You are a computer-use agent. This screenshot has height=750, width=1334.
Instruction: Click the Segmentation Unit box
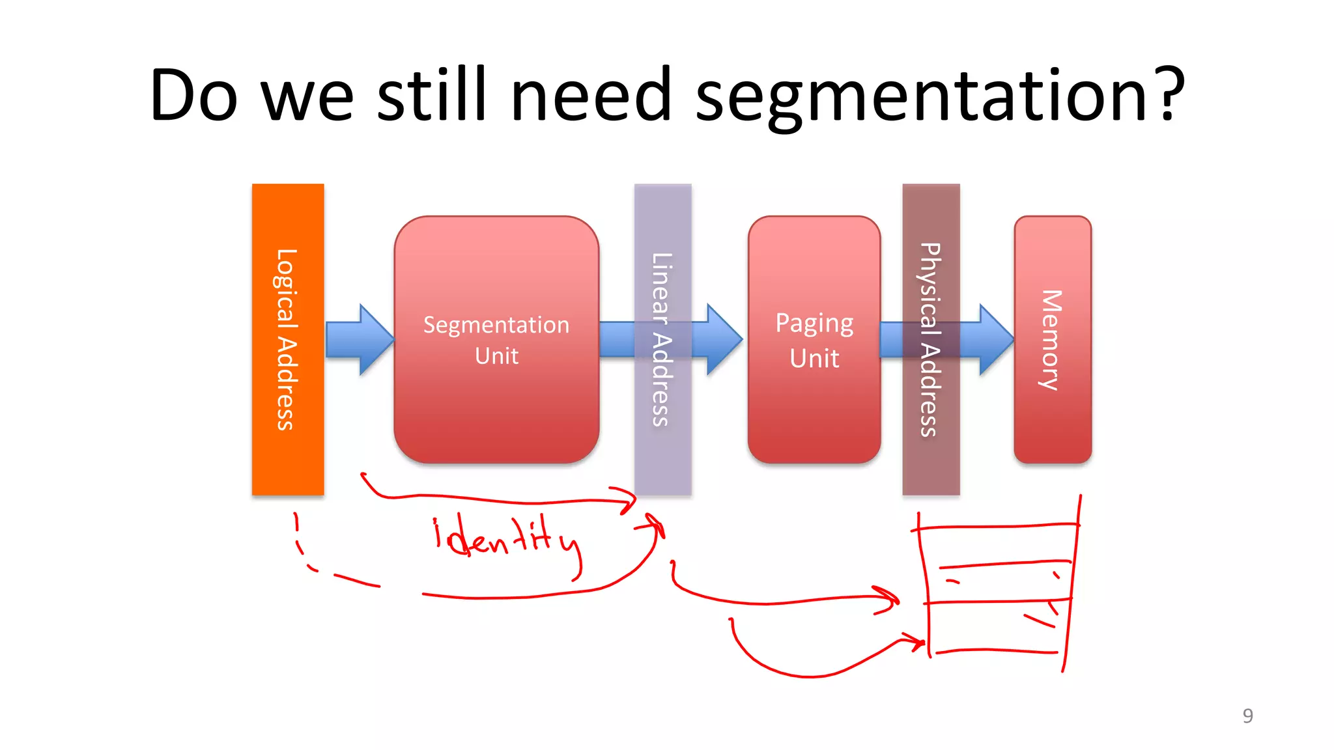point(496,404)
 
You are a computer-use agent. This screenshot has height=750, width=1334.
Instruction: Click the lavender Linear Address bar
point(662,456)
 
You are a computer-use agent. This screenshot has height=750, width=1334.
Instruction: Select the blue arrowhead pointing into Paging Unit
point(723,339)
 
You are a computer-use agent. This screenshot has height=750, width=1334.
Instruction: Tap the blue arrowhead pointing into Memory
point(995,339)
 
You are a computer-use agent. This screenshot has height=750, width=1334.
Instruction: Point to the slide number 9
point(1247,715)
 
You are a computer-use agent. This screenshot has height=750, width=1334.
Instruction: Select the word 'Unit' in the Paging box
point(814,359)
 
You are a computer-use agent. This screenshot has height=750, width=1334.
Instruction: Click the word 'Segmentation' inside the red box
point(496,325)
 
